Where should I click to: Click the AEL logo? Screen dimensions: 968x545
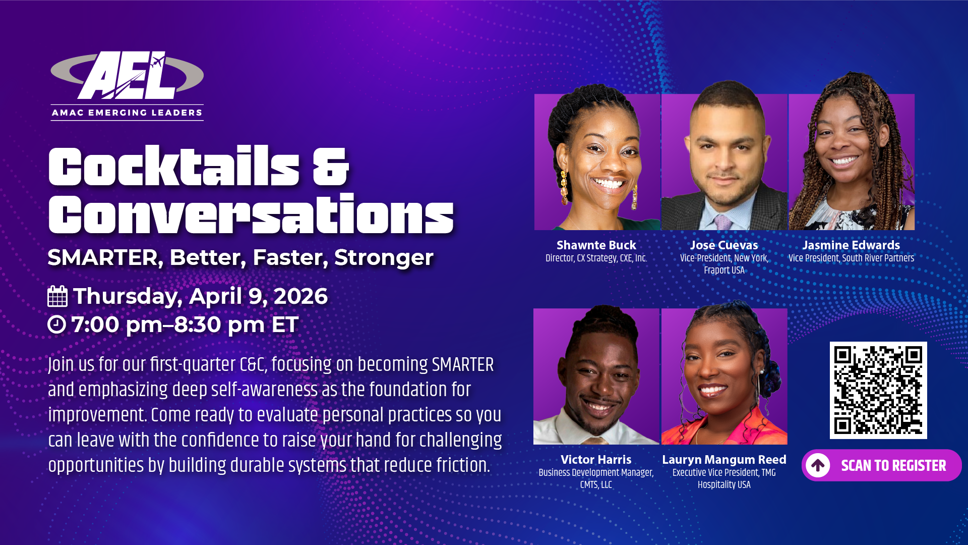(x=127, y=85)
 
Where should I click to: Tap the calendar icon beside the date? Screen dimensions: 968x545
(x=57, y=296)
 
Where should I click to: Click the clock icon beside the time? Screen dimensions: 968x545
(x=56, y=324)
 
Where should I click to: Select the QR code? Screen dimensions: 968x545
(x=878, y=390)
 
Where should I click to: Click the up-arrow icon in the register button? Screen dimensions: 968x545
(x=818, y=465)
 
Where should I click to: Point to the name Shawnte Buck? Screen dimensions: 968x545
(x=596, y=245)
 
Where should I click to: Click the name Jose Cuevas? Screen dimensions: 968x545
(x=724, y=245)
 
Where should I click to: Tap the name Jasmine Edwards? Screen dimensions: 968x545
(x=851, y=245)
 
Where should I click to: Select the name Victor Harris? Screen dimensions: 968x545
(x=596, y=460)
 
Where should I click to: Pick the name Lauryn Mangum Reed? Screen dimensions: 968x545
(x=724, y=460)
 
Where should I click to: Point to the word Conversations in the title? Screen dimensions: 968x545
(x=251, y=214)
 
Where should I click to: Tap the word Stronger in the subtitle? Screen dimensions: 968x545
(x=384, y=257)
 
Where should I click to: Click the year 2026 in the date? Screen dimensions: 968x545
(x=300, y=296)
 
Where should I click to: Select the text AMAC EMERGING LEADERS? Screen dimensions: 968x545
(x=127, y=113)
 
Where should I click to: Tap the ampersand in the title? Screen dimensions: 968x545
(x=331, y=167)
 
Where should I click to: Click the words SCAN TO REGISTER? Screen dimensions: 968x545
(x=893, y=465)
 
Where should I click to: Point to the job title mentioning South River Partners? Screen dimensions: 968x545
(x=851, y=258)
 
